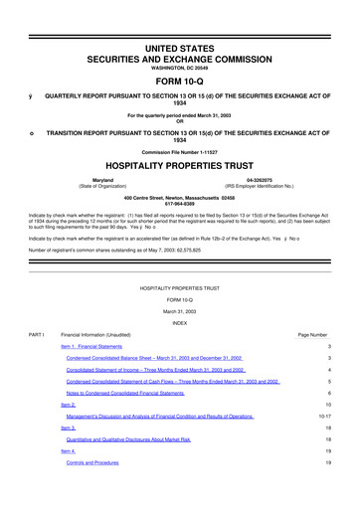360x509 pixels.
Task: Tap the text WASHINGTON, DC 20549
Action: [x=179, y=41]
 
